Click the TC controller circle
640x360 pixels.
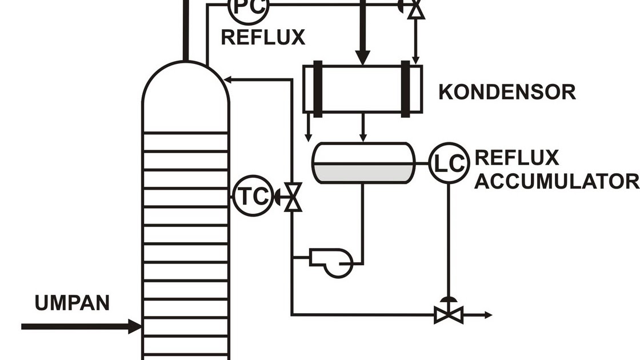[x=252, y=197]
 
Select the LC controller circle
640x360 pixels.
[x=449, y=163]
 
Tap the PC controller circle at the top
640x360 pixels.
[x=247, y=7]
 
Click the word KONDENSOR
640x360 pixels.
[x=507, y=92]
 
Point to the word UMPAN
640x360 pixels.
[x=72, y=303]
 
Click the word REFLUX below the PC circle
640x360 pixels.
[x=263, y=38]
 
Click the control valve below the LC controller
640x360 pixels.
[x=448, y=314]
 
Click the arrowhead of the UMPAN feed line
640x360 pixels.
[x=135, y=327]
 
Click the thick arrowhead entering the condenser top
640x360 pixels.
[x=362, y=58]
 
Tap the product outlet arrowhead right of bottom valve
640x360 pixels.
[x=487, y=314]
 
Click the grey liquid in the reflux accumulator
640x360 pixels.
[x=363, y=173]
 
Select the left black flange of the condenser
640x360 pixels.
[x=318, y=89]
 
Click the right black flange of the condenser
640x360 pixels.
[x=406, y=89]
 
